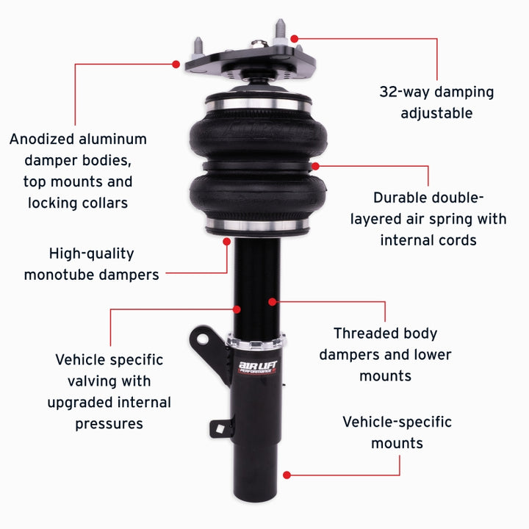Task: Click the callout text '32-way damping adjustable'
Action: click(x=436, y=102)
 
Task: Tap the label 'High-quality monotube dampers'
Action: click(x=91, y=264)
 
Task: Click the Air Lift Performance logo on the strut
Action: click(x=257, y=366)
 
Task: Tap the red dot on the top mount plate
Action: click(x=176, y=65)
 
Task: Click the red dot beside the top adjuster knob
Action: click(x=293, y=37)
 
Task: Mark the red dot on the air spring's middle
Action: click(x=315, y=166)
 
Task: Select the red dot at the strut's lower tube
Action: click(x=287, y=475)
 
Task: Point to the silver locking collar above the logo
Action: click(x=257, y=340)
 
